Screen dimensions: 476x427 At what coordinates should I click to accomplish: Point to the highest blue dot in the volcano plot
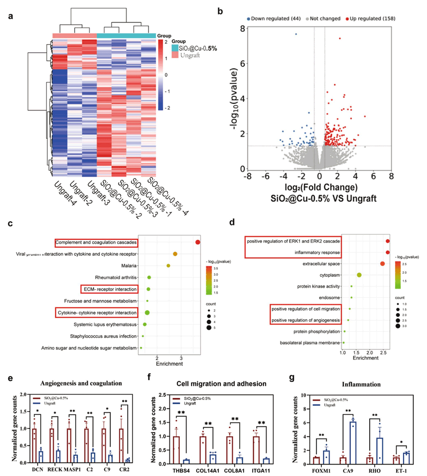tap(296, 34)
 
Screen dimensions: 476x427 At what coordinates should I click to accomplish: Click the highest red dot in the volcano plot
tap(340, 38)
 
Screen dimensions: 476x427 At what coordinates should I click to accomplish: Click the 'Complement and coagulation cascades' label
tap(96, 243)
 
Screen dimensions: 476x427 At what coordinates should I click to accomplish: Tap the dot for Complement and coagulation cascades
tap(198, 242)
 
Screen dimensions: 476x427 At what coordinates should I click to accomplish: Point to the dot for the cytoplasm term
tap(359, 275)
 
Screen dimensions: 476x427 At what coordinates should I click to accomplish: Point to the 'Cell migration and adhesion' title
tap(220, 383)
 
